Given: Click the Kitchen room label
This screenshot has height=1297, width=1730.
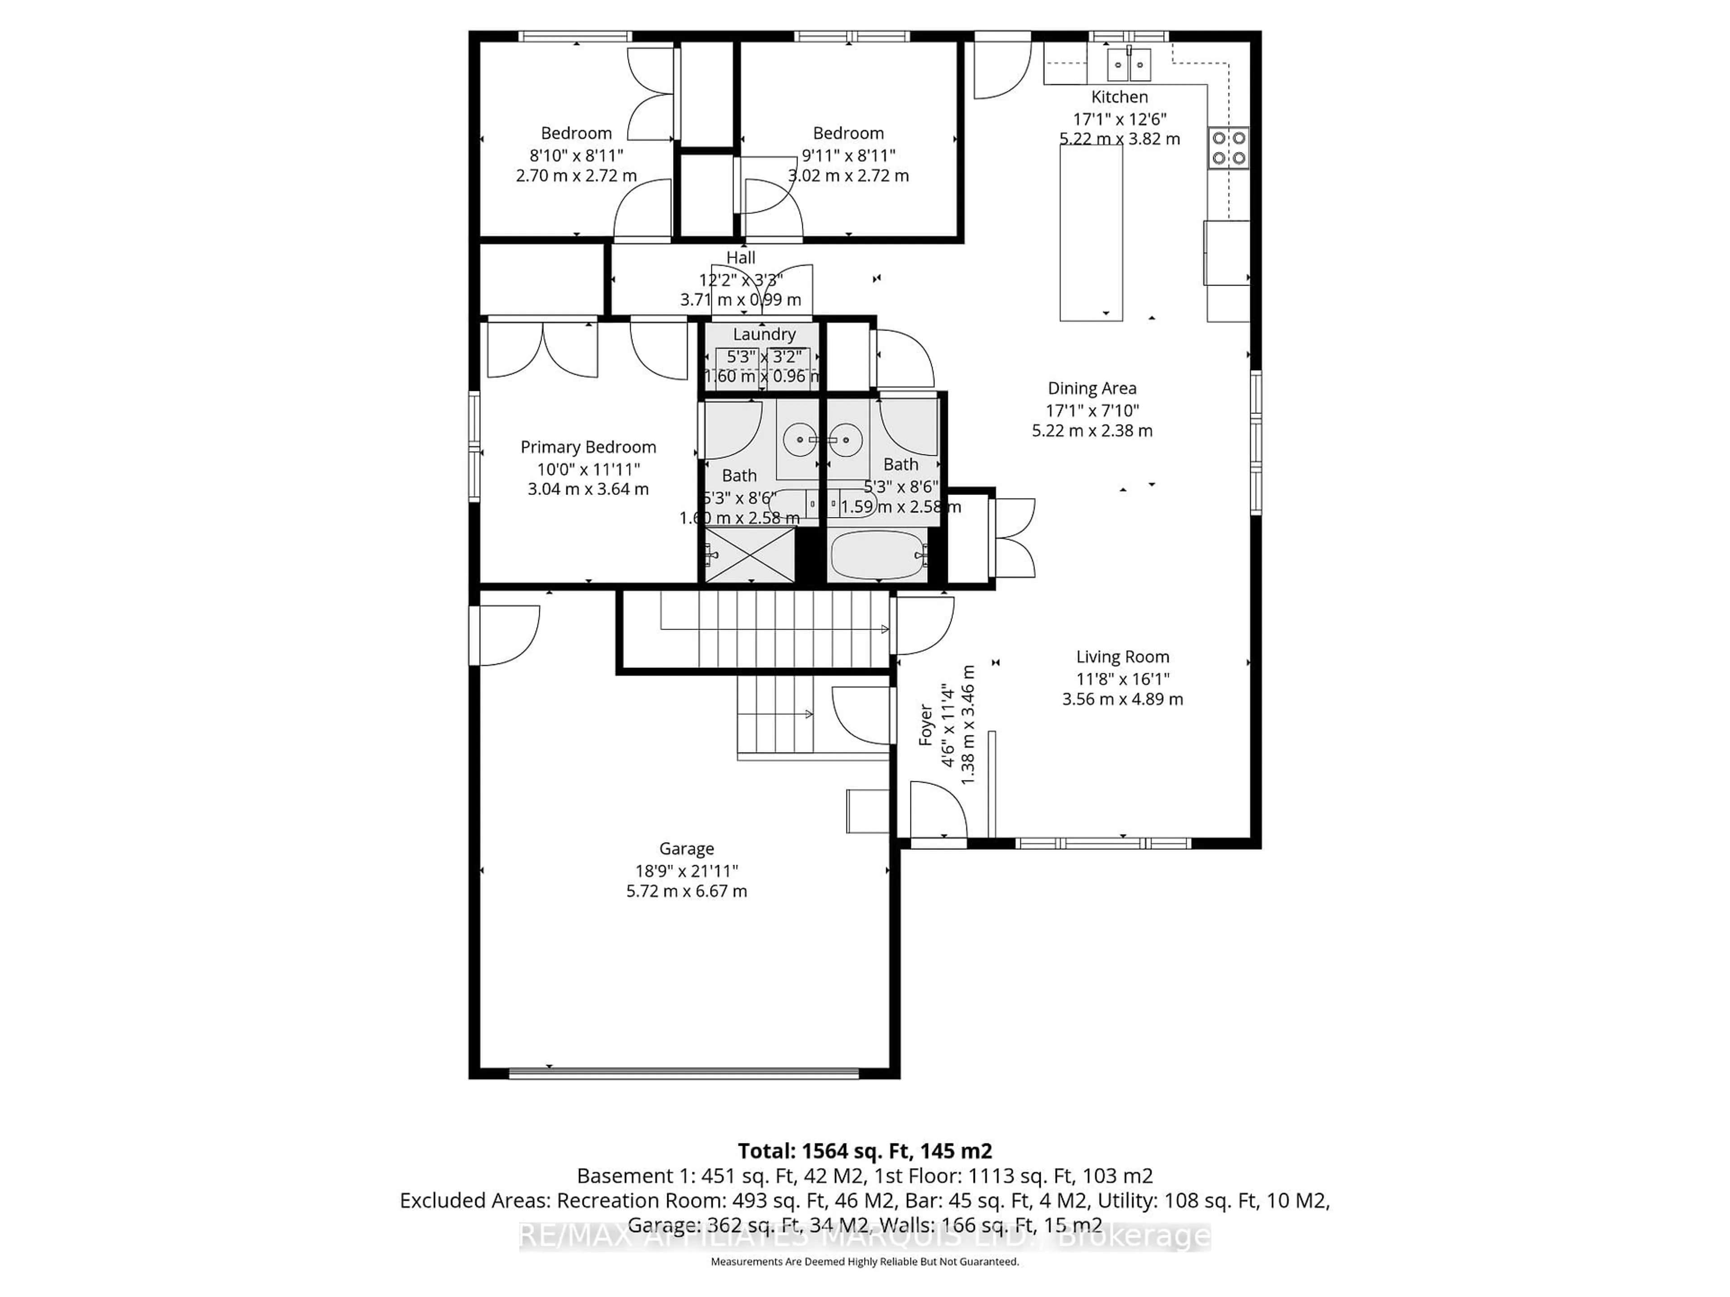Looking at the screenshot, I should [x=1119, y=97].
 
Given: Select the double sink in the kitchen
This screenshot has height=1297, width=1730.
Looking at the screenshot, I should [x=1129, y=64].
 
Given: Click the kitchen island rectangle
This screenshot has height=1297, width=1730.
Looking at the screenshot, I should [x=1091, y=232].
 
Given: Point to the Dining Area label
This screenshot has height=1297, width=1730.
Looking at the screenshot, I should [x=1092, y=388].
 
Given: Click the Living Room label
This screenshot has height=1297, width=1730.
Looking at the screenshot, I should [x=1122, y=657].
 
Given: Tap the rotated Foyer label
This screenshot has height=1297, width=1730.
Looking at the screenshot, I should [x=926, y=724].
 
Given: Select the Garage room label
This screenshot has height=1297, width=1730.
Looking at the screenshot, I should [x=686, y=848].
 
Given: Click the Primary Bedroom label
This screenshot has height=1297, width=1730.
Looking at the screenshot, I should [x=588, y=446].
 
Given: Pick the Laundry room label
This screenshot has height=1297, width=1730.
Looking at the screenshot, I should [x=764, y=334].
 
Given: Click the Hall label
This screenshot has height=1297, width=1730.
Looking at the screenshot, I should [x=741, y=257].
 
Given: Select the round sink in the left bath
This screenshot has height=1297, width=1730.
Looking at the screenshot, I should [x=799, y=440].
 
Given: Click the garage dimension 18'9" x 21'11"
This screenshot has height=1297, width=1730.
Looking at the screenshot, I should [x=686, y=870].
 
